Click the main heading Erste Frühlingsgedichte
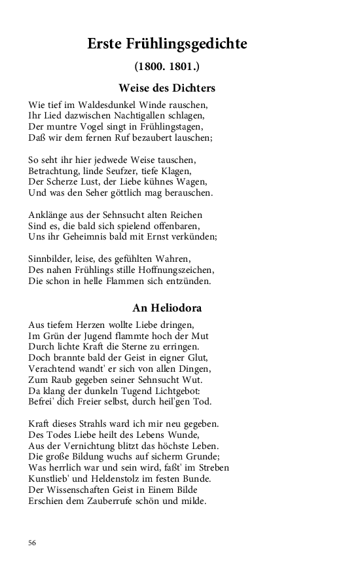tap(167, 45)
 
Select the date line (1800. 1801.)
tap(167, 67)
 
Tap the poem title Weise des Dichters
tap(167, 88)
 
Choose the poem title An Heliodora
tap(167, 308)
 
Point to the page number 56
tap(33, 543)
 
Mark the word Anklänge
tap(47, 215)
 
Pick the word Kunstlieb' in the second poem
tap(50, 478)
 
